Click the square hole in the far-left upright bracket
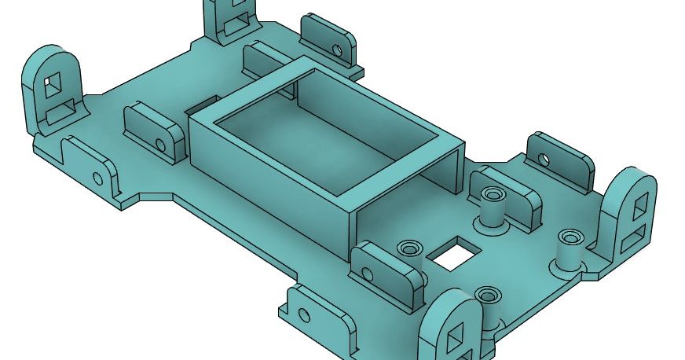pyautogui.click(x=54, y=84)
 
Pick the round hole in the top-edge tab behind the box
pyautogui.click(x=337, y=50)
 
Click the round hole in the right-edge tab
pyautogui.click(x=541, y=159)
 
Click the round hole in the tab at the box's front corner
pyautogui.click(x=369, y=275)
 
